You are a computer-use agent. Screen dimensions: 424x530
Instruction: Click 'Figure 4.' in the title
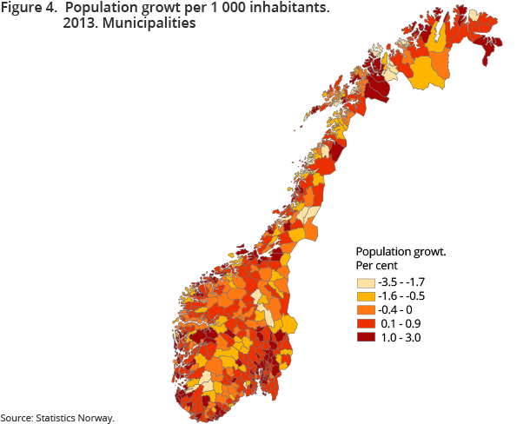[x=29, y=9]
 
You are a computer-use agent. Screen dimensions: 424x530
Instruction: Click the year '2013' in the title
[x=79, y=24]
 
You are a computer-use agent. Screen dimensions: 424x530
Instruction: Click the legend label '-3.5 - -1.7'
[x=407, y=282]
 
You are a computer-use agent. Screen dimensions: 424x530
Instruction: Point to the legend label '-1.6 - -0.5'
[x=407, y=296]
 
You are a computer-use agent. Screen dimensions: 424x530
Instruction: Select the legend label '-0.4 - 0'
[x=399, y=310]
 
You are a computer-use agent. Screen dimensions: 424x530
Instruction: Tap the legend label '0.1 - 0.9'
[x=401, y=324]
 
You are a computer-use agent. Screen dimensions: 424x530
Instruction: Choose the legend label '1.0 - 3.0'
[x=401, y=338]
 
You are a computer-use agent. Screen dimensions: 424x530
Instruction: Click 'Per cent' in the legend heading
[x=380, y=264]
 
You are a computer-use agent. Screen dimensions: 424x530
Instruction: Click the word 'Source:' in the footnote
[x=18, y=418]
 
